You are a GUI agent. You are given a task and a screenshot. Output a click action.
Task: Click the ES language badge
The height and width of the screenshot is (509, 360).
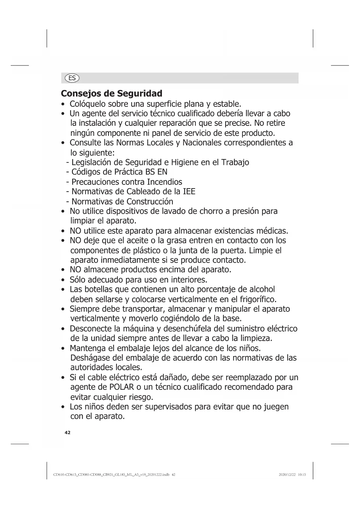(x=72, y=78)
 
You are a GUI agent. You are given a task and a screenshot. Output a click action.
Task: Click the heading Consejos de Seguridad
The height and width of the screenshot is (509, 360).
(x=111, y=93)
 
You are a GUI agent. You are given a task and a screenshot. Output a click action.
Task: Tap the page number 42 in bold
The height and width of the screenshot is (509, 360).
(x=67, y=433)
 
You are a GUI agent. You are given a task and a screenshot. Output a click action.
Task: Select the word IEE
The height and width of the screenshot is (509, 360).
(x=189, y=192)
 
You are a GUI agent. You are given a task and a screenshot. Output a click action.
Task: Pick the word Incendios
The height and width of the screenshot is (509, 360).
(x=164, y=182)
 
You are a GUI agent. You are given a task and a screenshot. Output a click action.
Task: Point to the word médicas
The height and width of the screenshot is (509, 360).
(x=272, y=231)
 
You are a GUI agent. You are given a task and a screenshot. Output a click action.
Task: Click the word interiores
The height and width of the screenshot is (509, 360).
(x=189, y=280)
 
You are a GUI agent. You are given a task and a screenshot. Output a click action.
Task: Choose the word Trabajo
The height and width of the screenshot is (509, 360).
(x=235, y=162)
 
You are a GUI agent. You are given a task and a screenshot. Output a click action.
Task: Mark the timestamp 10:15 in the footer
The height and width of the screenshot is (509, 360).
(x=302, y=475)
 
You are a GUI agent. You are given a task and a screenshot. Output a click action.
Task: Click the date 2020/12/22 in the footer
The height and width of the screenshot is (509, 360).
(x=287, y=475)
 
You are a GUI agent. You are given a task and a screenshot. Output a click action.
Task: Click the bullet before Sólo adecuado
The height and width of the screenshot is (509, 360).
(x=63, y=280)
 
